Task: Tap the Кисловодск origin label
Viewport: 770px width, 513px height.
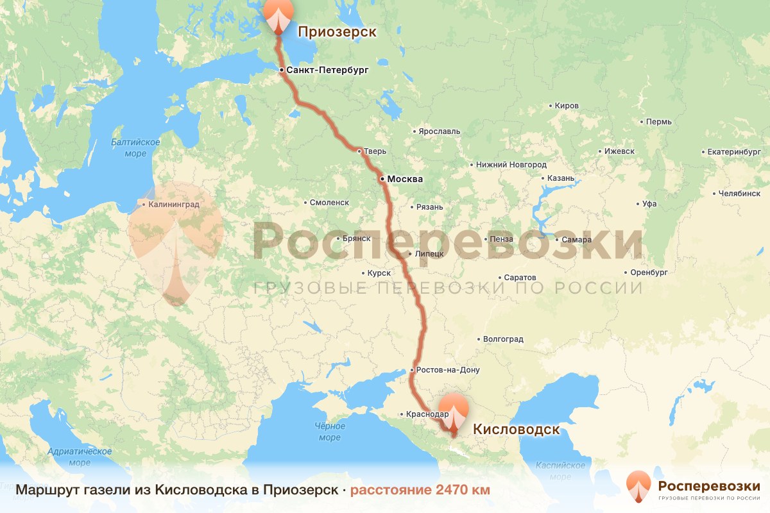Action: (516, 429)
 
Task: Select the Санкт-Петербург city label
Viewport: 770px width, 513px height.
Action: (327, 70)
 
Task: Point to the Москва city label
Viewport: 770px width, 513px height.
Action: (405, 180)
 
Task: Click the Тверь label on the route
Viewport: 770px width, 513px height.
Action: (375, 151)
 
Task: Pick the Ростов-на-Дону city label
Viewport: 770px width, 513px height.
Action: (448, 370)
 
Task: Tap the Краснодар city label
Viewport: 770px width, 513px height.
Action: (427, 414)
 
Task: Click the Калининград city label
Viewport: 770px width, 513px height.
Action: (174, 205)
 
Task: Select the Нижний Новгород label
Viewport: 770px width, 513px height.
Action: (511, 165)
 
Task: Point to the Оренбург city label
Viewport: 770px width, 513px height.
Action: (649, 273)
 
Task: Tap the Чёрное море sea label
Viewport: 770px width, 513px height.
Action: (330, 432)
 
